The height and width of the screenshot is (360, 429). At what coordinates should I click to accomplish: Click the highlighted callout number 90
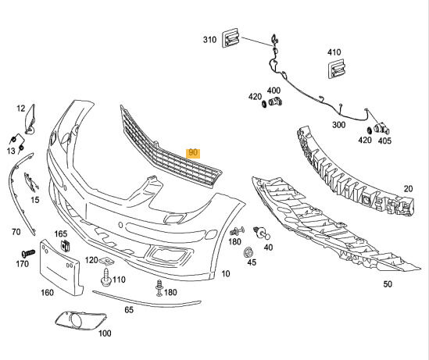tap(193, 153)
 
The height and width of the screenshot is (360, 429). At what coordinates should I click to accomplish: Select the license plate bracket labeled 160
tap(60, 268)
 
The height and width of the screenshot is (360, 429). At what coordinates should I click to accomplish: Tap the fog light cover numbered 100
tap(80, 320)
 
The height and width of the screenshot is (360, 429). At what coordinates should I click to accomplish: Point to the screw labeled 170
tap(28, 253)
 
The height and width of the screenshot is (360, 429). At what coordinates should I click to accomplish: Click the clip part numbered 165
tap(65, 245)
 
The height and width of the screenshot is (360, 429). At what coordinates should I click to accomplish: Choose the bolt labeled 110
tap(105, 277)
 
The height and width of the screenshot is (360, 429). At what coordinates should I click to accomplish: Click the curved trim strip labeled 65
tap(147, 300)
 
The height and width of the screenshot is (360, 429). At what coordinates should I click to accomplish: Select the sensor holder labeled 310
tap(231, 37)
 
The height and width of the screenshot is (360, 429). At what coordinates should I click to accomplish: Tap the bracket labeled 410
tap(337, 69)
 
